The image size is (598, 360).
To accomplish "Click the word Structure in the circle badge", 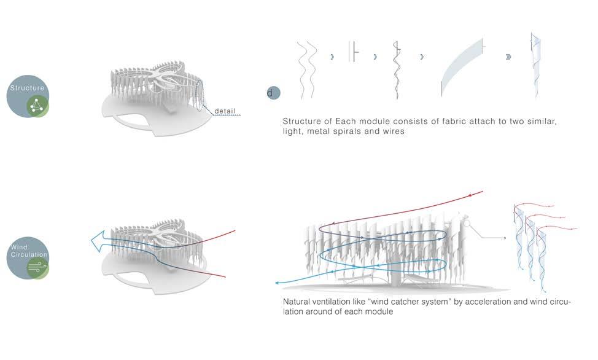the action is (x=27, y=88).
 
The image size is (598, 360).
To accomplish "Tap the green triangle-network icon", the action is (x=37, y=106).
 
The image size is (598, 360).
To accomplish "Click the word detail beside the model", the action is (x=225, y=111).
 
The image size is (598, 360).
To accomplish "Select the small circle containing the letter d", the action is (x=273, y=93).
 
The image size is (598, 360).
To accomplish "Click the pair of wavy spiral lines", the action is (x=306, y=69).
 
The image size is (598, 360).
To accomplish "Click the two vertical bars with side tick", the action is (x=352, y=52).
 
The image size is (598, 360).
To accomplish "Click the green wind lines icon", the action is (x=37, y=268).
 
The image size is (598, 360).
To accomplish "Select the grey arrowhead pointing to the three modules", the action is (x=503, y=237).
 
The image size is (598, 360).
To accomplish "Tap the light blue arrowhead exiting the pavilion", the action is (x=277, y=283).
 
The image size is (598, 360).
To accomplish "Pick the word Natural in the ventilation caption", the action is (x=298, y=302).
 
